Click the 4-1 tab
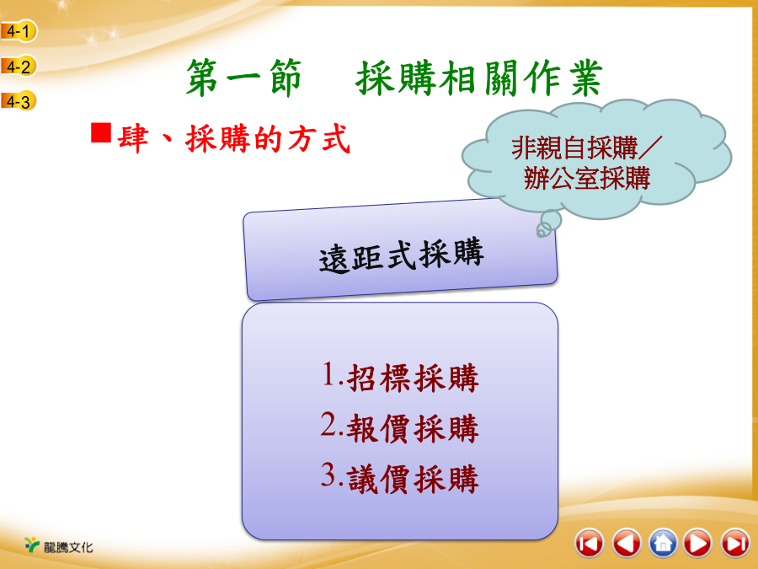pyautogui.click(x=19, y=31)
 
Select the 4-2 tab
pyautogui.click(x=19, y=67)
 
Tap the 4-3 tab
pyautogui.click(x=19, y=101)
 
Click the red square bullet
pyautogui.click(x=101, y=132)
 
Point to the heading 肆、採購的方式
pyautogui.click(x=233, y=139)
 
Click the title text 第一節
pyautogui.click(x=243, y=78)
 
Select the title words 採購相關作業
pyautogui.click(x=479, y=78)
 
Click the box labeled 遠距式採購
pyautogui.click(x=401, y=250)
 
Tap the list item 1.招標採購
pyautogui.click(x=400, y=377)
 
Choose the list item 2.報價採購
pyautogui.click(x=400, y=427)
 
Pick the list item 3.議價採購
pyautogui.click(x=400, y=478)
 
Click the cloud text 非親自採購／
pyautogui.click(x=587, y=148)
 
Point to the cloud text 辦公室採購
pyautogui.click(x=587, y=178)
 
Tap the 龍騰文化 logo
pyautogui.click(x=58, y=545)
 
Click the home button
pyautogui.click(x=664, y=543)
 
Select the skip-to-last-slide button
pyautogui.click(x=735, y=543)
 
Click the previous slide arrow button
pyautogui.click(x=627, y=543)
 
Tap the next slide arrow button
pyautogui.click(x=698, y=543)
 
